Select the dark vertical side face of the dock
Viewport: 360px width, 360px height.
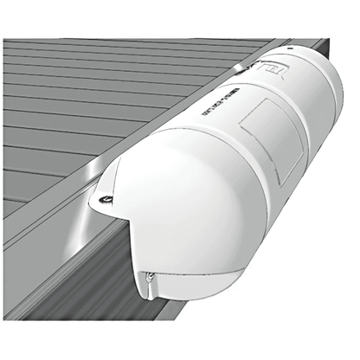coord(78,277)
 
